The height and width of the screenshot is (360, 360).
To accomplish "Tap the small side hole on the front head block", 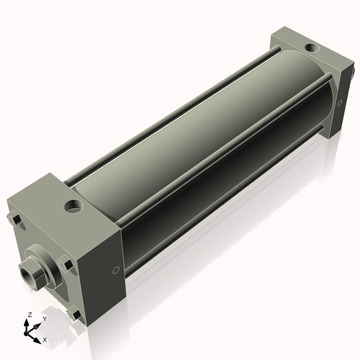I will coord(117,271).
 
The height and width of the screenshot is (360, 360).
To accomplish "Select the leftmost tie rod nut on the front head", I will coord(14,219).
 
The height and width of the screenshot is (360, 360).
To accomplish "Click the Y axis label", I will coord(44,318).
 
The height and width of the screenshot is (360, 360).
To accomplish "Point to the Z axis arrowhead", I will coord(28,322).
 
